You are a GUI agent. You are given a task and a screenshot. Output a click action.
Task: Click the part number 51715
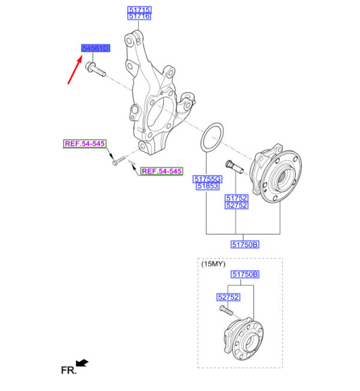point(139,10)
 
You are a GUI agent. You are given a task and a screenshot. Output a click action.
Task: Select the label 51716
point(139,16)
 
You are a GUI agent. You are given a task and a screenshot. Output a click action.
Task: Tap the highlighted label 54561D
point(95,48)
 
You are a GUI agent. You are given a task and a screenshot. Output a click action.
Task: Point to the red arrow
point(75,70)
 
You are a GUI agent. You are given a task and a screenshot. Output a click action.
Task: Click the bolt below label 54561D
point(95,70)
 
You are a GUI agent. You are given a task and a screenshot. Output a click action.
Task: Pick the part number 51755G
point(208,179)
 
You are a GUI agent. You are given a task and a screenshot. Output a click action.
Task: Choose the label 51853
point(208,186)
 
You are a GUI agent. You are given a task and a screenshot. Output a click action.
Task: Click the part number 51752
point(236,198)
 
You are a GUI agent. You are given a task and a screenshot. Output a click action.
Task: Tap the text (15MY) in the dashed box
point(214,264)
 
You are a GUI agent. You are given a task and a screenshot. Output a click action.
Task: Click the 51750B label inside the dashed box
point(245,274)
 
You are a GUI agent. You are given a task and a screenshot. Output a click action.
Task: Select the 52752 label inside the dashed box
point(228,297)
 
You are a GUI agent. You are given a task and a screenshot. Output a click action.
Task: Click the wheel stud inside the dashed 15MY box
point(226,311)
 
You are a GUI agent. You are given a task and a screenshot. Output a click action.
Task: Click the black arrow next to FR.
point(82,363)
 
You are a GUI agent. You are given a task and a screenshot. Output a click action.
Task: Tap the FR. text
point(69,370)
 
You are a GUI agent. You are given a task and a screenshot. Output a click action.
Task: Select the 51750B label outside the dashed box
point(245,245)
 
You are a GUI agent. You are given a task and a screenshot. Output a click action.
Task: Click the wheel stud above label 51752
point(234,167)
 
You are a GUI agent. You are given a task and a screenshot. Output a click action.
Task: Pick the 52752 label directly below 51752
point(236,206)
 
